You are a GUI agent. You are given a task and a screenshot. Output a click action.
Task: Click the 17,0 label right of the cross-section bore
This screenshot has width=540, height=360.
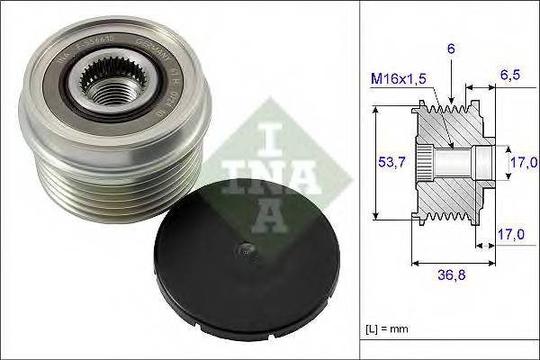(523, 162)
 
